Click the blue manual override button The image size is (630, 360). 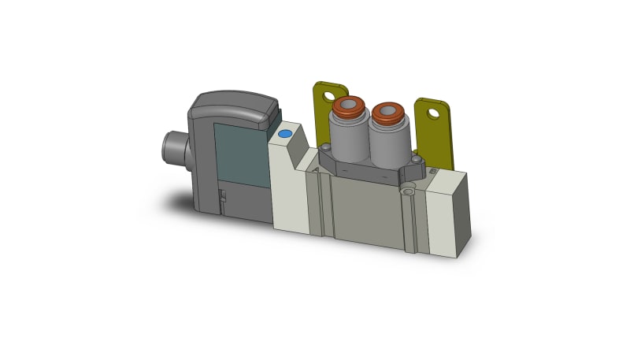(x=284, y=135)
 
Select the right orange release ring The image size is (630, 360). (x=387, y=113)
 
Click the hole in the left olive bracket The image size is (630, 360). (x=328, y=96)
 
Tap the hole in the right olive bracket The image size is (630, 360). (x=432, y=113)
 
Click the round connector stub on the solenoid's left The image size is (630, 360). (x=173, y=147)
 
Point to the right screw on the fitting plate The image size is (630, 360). (x=416, y=162)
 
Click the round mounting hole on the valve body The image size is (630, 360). (x=407, y=190)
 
